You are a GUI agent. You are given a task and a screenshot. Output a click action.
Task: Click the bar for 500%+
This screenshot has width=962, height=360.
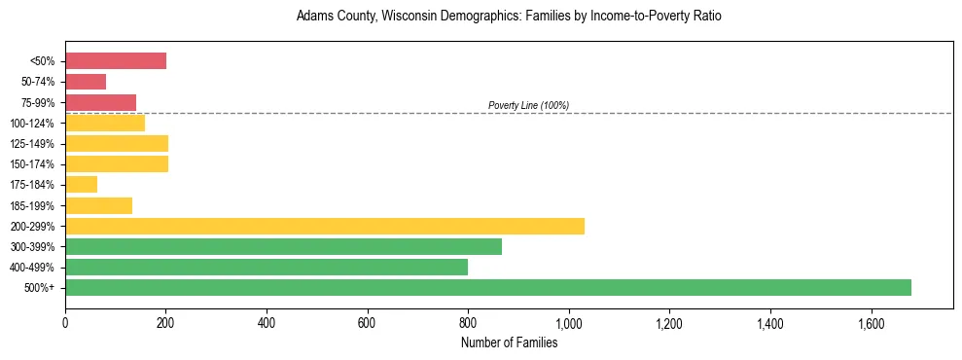[x=488, y=287]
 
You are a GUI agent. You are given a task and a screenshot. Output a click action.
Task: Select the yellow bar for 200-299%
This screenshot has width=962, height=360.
[x=325, y=226]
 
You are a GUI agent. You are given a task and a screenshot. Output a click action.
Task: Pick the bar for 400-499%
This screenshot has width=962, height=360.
[x=267, y=267]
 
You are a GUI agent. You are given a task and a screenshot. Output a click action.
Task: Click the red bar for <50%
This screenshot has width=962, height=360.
[x=116, y=61]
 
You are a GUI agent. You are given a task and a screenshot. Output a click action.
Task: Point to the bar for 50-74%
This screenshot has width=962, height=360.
[x=86, y=82]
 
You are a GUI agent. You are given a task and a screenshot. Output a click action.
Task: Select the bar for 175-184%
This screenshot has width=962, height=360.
[x=81, y=184]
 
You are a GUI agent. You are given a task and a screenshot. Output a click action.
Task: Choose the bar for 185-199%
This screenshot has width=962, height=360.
[x=98, y=205]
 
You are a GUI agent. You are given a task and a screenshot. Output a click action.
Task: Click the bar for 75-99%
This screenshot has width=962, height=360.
[x=100, y=102]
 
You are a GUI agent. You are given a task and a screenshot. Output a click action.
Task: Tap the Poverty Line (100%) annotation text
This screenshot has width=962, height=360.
[x=528, y=105]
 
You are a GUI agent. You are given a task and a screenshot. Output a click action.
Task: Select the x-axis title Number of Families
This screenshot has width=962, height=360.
[x=509, y=342]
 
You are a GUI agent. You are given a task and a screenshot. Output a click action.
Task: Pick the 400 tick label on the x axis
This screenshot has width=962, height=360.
[x=267, y=321]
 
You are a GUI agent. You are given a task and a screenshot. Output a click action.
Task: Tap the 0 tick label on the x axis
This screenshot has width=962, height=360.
[x=65, y=321]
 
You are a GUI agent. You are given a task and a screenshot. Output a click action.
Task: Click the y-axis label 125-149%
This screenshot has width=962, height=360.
[x=32, y=144]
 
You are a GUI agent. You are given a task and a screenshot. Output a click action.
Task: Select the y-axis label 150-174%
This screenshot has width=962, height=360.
[x=32, y=164]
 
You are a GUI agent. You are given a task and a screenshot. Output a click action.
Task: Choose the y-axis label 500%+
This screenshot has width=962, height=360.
[x=40, y=288]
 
